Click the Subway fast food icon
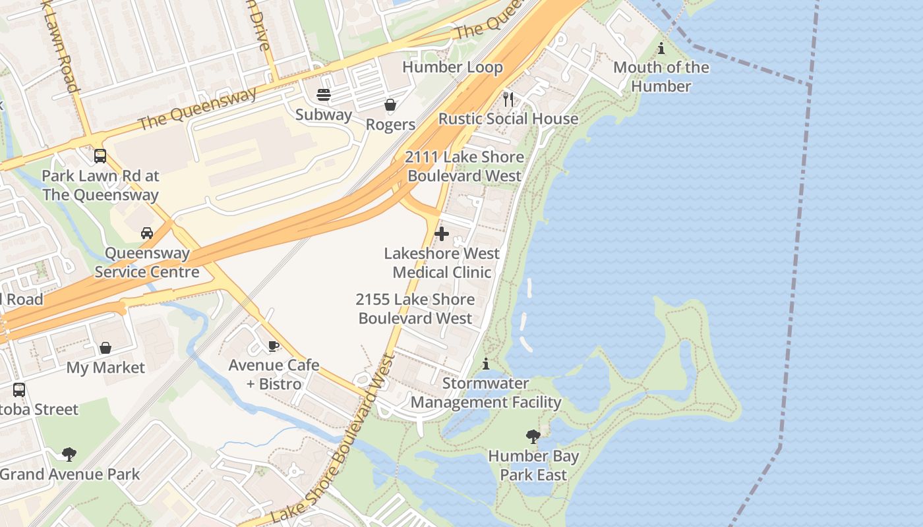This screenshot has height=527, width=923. click(324, 95)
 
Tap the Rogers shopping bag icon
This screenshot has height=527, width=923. click(390, 105)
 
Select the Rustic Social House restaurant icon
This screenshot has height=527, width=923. click(508, 99)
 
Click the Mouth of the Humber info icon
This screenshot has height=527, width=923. click(661, 48)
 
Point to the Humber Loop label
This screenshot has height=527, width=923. click(452, 67)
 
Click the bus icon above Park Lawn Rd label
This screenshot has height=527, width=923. click(100, 156)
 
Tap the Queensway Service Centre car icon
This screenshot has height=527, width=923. click(147, 233)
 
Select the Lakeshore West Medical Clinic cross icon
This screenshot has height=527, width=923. click(442, 234)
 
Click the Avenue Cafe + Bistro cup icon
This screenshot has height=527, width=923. click(274, 346)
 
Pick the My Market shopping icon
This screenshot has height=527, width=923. click(105, 348)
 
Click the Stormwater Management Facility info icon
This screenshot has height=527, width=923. click(486, 364)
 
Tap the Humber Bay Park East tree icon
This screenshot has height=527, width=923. click(533, 436)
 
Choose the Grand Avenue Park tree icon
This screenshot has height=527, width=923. click(69, 455)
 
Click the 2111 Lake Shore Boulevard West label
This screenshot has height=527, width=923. click(465, 166)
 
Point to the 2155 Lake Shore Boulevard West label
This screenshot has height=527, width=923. click(415, 309)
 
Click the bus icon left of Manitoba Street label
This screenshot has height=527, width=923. click(19, 390)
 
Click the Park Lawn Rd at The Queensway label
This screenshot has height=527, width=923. click(100, 186)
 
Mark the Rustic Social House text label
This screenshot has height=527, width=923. click(508, 119)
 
